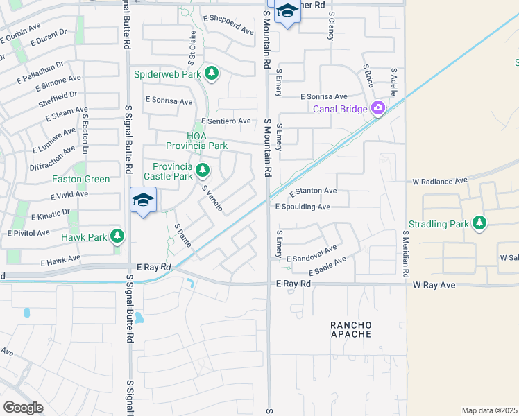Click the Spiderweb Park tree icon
[x=212, y=73]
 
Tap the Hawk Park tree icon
[x=117, y=237]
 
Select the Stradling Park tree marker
[x=479, y=223]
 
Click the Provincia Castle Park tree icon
[x=203, y=170]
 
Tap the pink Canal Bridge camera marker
[x=378, y=108]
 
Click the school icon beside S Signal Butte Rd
[x=144, y=201]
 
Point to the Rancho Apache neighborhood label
[x=350, y=329]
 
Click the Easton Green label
[x=81, y=179]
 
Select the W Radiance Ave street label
[x=440, y=181]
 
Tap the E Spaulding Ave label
[x=303, y=207]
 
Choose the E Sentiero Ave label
[x=226, y=121]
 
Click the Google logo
[x=23, y=408]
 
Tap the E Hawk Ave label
[x=60, y=261]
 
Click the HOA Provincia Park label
[x=197, y=141]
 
